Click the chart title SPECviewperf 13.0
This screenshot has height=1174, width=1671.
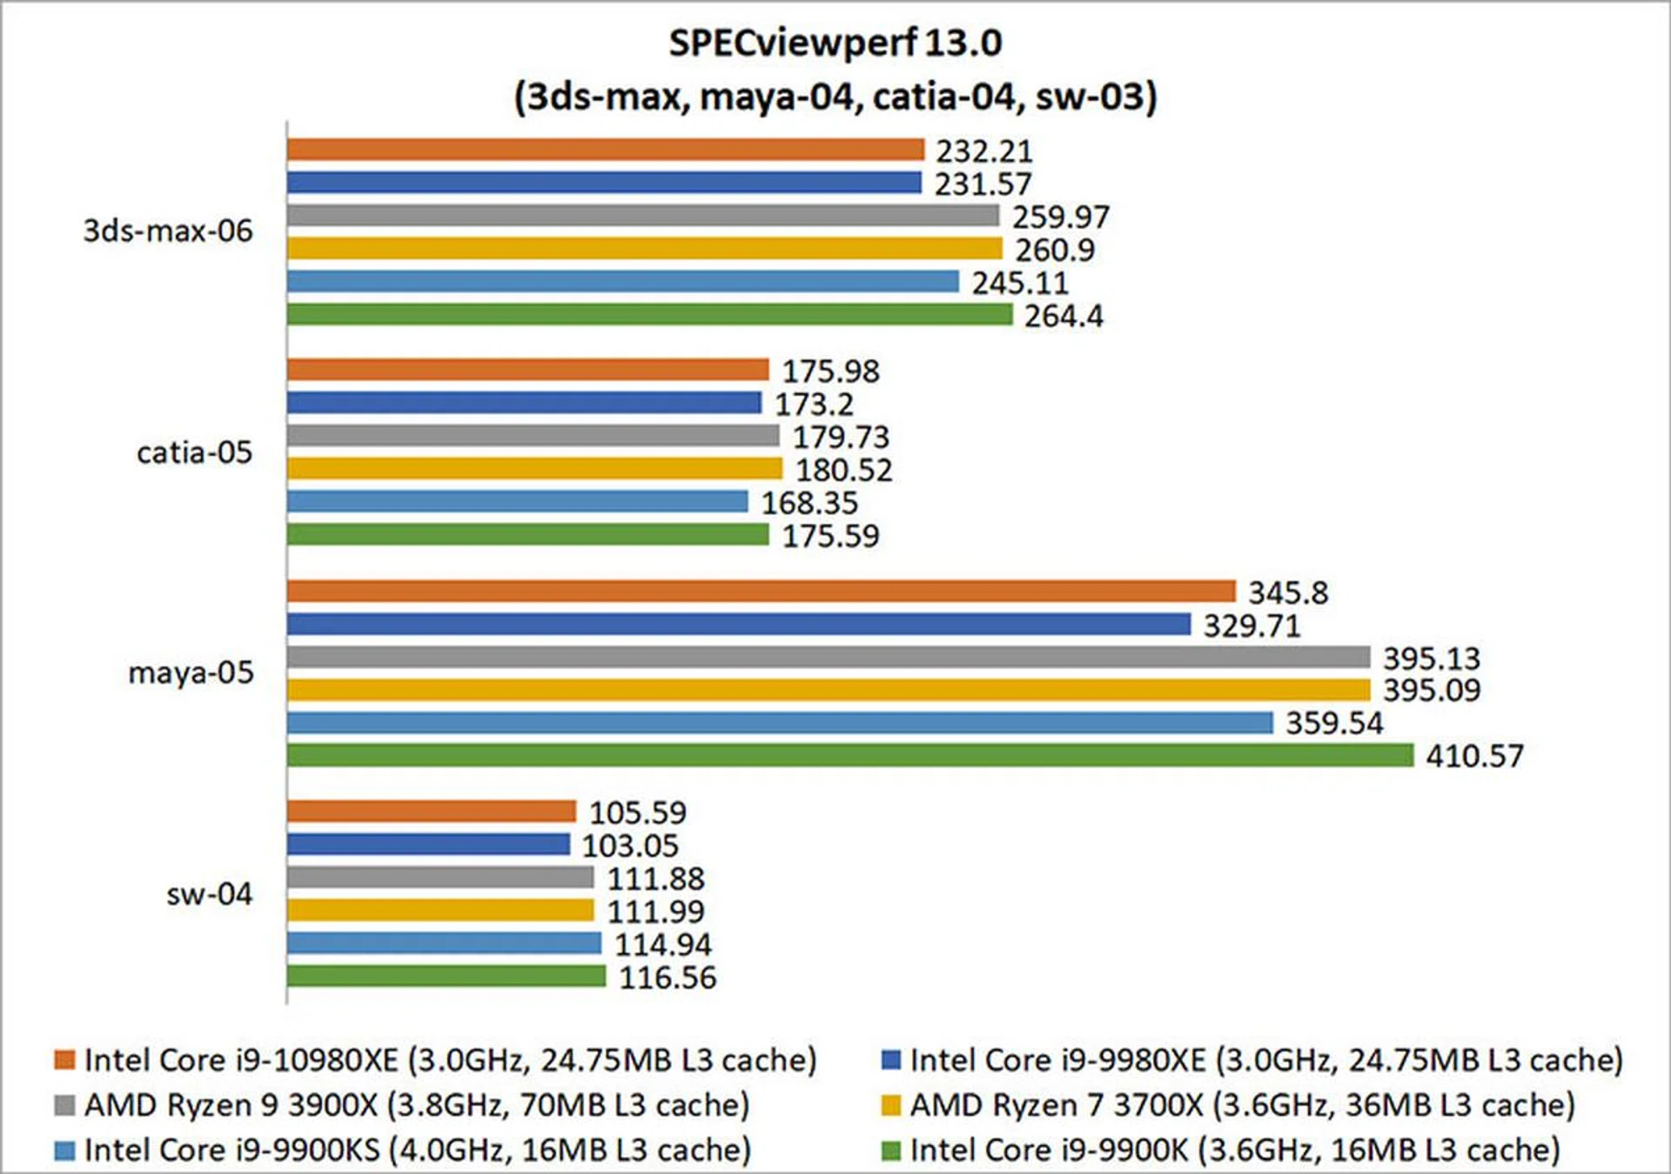coord(835,43)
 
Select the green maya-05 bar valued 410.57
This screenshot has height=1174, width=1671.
coord(849,755)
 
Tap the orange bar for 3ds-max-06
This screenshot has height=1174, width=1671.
coord(605,150)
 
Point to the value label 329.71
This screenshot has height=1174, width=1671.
coord(1252,626)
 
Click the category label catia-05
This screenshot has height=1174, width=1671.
coord(194,453)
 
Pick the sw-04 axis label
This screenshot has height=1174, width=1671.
coord(209,894)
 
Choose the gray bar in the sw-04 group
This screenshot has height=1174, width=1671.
coord(440,877)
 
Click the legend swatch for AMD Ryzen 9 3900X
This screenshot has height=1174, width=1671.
coord(64,1105)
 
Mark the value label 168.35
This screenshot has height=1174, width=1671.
coord(809,503)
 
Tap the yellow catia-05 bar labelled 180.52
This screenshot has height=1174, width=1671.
coord(534,469)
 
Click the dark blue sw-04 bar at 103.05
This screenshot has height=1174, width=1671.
coord(428,844)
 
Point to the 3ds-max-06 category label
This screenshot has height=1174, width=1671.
coord(168,231)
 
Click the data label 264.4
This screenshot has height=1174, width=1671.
coord(1064,316)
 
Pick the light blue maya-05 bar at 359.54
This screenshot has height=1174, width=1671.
coord(780,722)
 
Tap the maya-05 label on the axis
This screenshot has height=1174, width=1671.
coord(191,673)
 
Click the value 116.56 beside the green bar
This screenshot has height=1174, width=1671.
coord(668,978)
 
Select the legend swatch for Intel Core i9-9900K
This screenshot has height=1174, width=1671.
coord(890,1151)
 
